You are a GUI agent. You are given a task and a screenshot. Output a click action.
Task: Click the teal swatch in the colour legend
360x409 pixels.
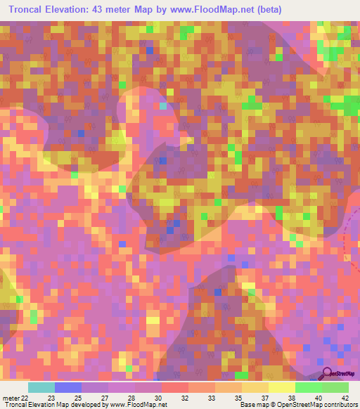tap(41, 387)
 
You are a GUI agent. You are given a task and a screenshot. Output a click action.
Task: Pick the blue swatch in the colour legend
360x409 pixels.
tap(68, 387)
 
